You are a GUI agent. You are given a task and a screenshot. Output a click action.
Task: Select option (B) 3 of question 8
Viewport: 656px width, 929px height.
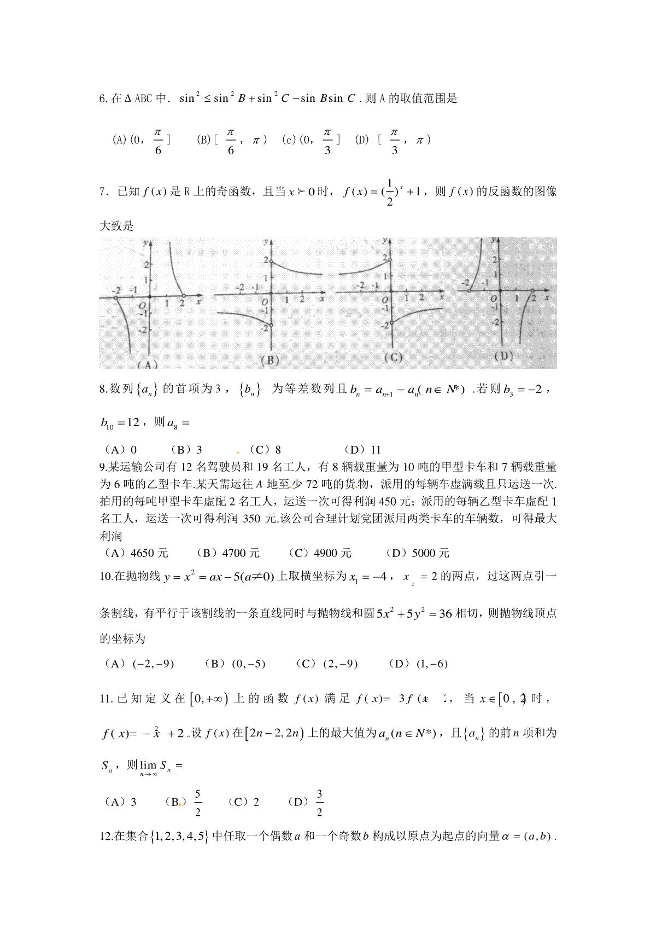[x=186, y=450]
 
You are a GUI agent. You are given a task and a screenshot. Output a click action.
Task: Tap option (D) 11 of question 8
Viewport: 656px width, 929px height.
[x=362, y=450]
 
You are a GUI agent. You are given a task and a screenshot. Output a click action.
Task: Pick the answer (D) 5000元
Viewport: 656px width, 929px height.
[x=417, y=553]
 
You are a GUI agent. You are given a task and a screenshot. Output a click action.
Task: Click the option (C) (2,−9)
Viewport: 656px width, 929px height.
[x=326, y=664]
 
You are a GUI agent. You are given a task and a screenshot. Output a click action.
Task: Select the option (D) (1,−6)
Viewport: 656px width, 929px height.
[x=418, y=664]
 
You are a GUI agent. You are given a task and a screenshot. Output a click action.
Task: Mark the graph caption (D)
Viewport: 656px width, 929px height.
[x=503, y=356]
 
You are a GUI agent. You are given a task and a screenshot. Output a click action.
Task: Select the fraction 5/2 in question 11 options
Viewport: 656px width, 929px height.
[x=197, y=803]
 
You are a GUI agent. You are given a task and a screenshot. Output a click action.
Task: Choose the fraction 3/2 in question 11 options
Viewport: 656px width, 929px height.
[x=319, y=803]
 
